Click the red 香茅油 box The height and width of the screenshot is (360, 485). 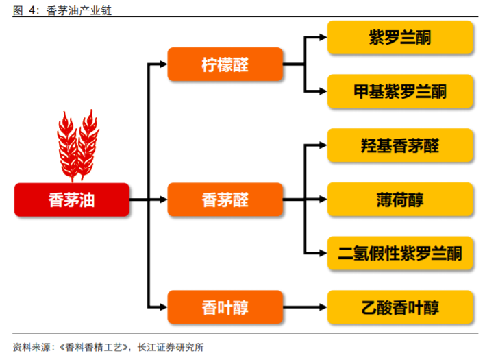72,200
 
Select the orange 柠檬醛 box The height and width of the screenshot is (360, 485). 225,64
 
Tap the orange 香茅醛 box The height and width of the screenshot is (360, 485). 225,200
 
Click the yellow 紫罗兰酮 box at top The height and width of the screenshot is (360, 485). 400,38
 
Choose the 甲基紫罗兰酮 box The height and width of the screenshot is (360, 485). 400,91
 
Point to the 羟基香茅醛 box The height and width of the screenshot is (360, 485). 400,145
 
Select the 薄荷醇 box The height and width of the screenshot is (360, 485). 400,200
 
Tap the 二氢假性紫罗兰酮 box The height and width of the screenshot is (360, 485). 400,254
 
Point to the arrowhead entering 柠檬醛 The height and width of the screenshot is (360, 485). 163,64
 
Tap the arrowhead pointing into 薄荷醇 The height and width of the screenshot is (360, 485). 323,200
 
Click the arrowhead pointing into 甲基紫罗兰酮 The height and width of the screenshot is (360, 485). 323,91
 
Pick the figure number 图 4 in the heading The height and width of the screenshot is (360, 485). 27,9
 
